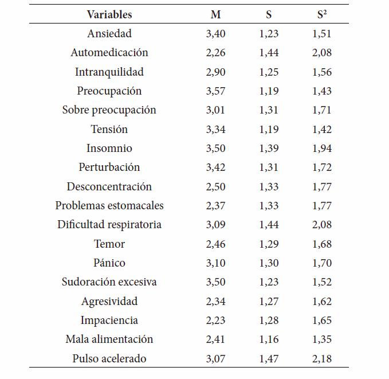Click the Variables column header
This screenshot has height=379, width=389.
[x=109, y=14]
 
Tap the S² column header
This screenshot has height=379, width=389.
[x=322, y=14]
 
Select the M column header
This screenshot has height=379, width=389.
[x=215, y=14]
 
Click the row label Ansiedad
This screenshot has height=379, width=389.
[x=109, y=33]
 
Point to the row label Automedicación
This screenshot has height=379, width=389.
[x=109, y=52]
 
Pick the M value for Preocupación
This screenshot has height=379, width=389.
[x=215, y=91]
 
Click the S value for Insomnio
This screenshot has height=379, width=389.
[x=269, y=149]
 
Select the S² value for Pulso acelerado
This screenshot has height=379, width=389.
[x=322, y=358]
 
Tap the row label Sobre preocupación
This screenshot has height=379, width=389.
[x=109, y=110]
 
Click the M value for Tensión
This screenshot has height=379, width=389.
[x=215, y=130]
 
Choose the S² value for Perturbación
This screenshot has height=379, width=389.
[x=322, y=167]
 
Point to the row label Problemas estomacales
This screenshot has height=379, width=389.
[x=109, y=205]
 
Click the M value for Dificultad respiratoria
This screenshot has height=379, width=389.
[x=215, y=225]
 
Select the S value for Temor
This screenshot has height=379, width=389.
[x=269, y=244]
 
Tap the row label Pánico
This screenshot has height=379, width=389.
[x=109, y=263]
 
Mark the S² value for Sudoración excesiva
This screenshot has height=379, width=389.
[x=322, y=282]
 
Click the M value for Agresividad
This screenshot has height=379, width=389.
[x=215, y=302]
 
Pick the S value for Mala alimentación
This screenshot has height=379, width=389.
[x=269, y=339]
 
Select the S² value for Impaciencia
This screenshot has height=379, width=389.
[x=322, y=321]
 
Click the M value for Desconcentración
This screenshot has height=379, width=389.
[x=215, y=187]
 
